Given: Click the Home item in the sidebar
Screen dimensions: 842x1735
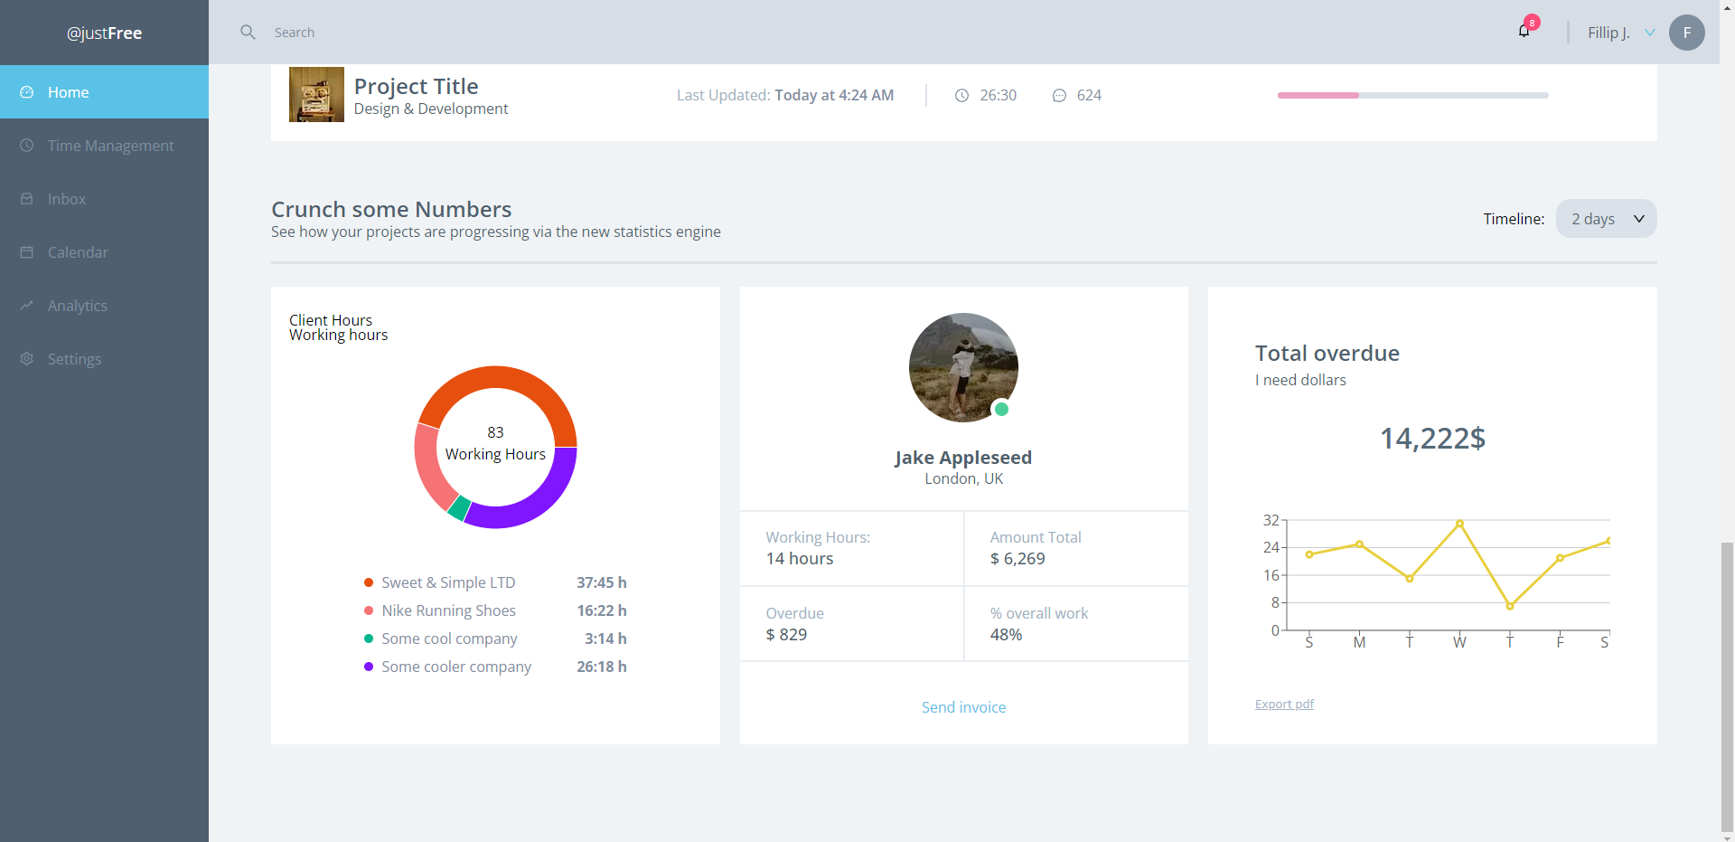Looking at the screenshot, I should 68,92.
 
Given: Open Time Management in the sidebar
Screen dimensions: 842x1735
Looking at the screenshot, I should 110,146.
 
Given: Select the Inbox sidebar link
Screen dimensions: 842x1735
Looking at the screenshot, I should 66,199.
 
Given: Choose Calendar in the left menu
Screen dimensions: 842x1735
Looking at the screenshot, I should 78,252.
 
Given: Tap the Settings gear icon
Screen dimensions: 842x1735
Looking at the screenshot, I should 27,359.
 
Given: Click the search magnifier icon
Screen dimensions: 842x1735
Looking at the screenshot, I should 248,33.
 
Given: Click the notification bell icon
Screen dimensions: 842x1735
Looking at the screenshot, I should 1524,32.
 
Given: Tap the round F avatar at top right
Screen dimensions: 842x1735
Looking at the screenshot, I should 1686,33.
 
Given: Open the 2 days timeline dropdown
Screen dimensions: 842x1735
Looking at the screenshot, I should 1606,219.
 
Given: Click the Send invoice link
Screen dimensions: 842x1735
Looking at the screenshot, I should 963,707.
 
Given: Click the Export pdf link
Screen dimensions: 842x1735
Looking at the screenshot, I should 1284,704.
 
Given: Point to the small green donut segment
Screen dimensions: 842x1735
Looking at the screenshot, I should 459,507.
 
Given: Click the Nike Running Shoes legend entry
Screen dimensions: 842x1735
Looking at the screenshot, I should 448,610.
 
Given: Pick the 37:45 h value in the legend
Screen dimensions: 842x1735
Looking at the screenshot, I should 601,582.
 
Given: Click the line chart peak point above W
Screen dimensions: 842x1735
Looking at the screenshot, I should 1459,524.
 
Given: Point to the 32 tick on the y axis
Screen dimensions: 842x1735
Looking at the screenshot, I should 1271,520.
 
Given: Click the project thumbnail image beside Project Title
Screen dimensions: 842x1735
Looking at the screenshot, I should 316,94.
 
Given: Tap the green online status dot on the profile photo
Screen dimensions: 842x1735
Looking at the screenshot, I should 1001,409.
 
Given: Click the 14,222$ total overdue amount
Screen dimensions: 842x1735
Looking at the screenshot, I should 1432,439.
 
